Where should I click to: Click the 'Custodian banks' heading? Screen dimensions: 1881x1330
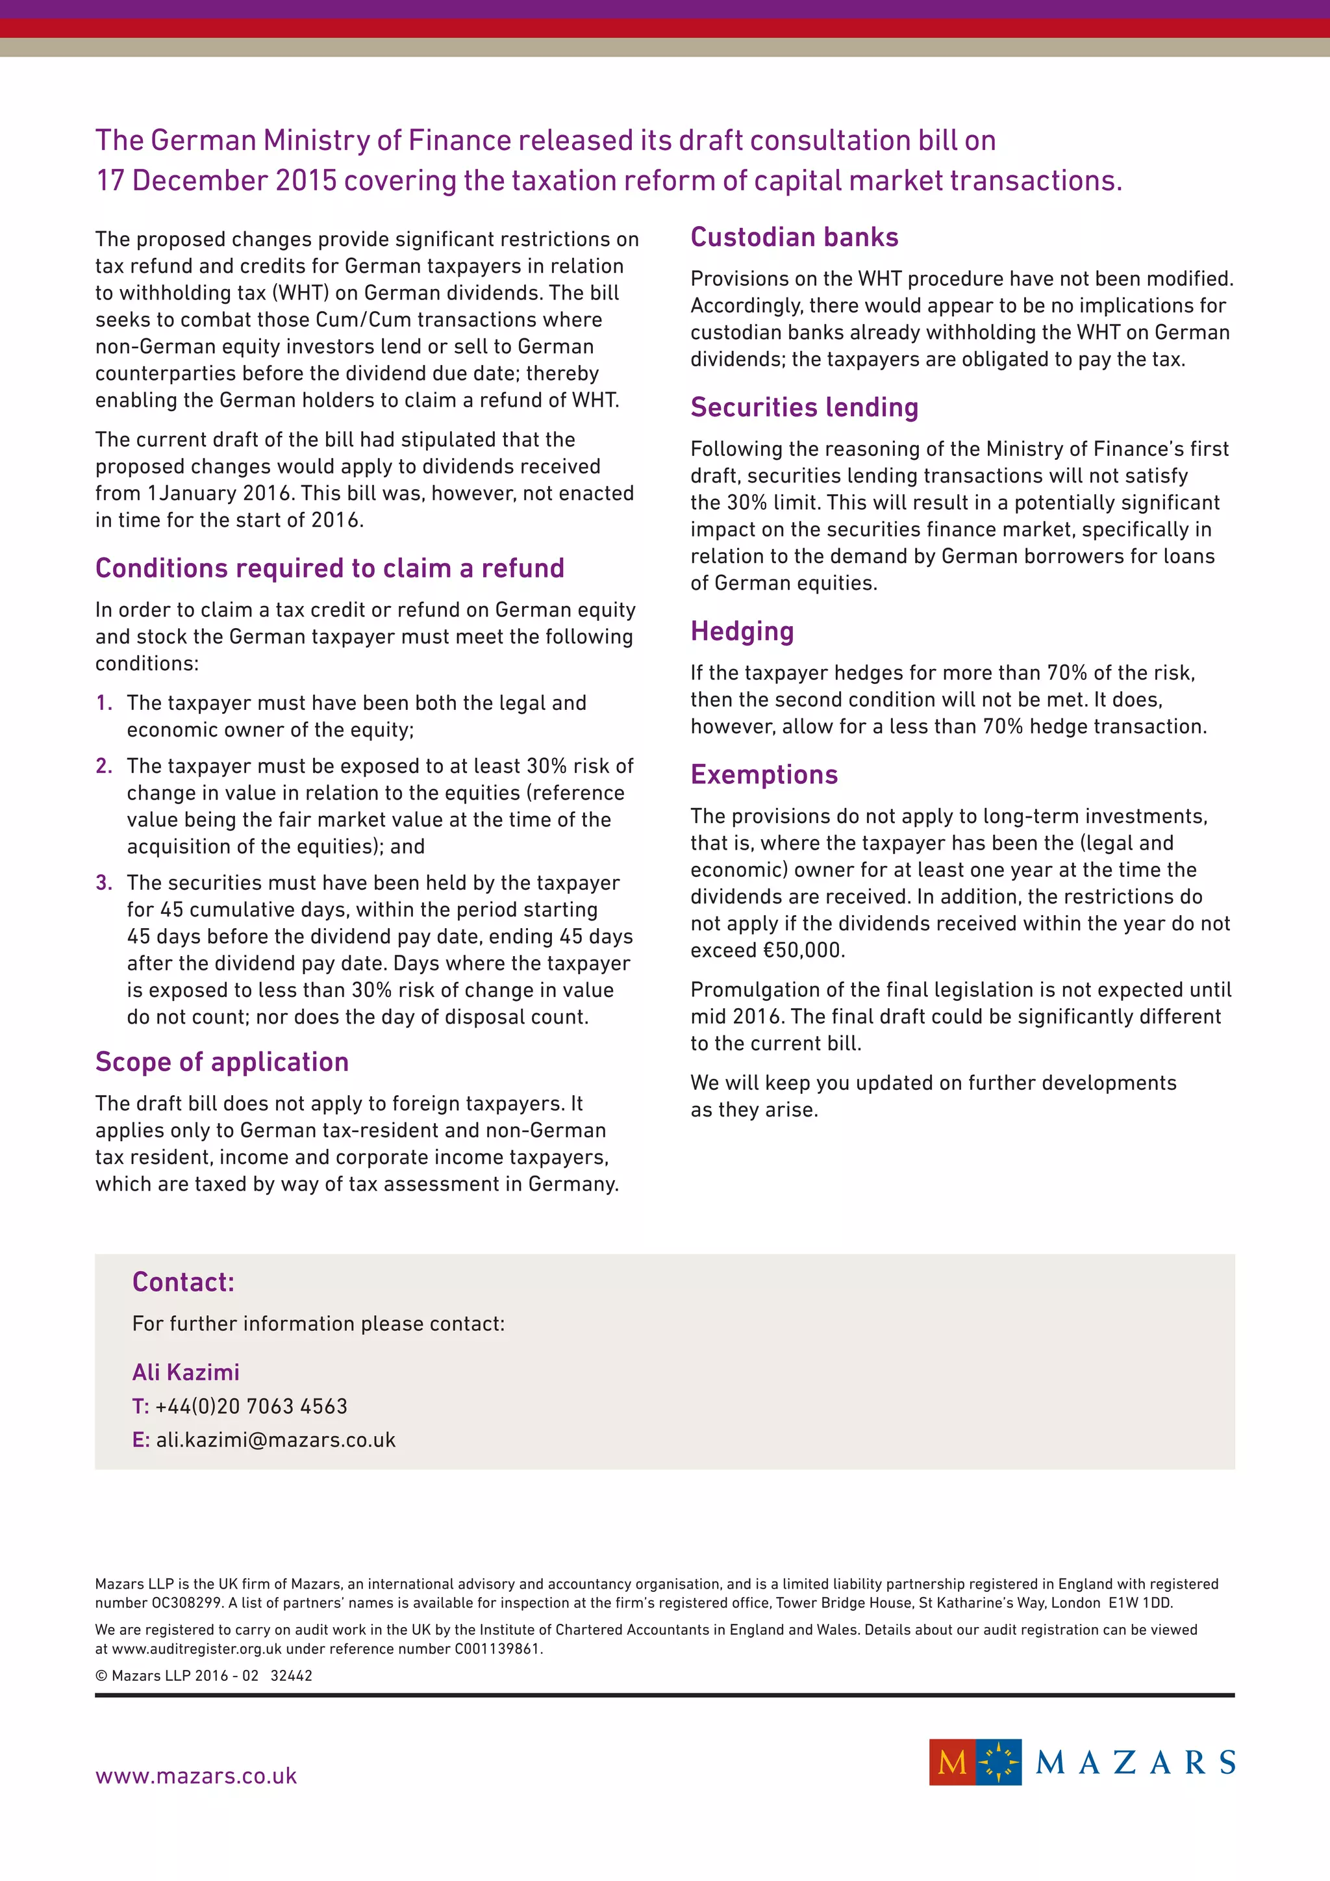pyautogui.click(x=794, y=237)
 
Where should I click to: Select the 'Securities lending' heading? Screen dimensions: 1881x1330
pyautogui.click(x=803, y=407)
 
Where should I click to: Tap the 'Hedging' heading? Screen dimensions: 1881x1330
pyautogui.click(x=742, y=631)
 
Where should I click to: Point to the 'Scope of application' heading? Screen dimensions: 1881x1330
pyautogui.click(x=222, y=1062)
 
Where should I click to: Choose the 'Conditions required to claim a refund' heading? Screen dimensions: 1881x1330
pyautogui.click(x=329, y=568)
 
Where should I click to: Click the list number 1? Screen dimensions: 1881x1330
pyautogui.click(x=103, y=703)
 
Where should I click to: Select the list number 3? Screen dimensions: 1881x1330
pyautogui.click(x=103, y=882)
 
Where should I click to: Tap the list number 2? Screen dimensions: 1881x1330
pyautogui.click(x=103, y=766)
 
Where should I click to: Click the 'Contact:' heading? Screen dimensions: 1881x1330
pyautogui.click(x=183, y=1281)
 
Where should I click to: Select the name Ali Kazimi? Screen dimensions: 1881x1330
pyautogui.click(x=186, y=1372)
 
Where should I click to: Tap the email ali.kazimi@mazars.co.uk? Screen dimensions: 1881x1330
pyautogui.click(x=275, y=1439)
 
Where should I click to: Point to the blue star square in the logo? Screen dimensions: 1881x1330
pyautogui.click(x=998, y=1761)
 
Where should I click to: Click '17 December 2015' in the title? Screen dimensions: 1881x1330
pyautogui.click(x=216, y=180)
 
